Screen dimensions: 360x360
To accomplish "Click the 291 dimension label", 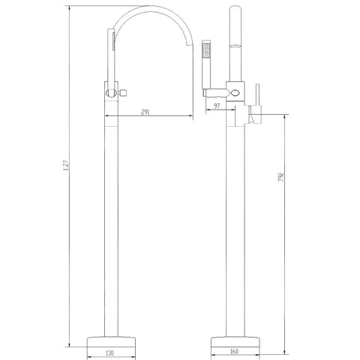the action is [145, 112].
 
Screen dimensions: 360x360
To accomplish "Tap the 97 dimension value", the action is [217, 106].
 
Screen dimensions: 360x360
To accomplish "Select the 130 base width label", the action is [109, 352].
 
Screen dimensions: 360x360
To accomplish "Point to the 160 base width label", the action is [234, 351].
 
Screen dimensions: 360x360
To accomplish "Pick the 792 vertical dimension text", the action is [281, 176].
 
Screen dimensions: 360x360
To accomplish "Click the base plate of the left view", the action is [111, 342].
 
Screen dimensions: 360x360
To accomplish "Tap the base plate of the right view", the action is [235, 342].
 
